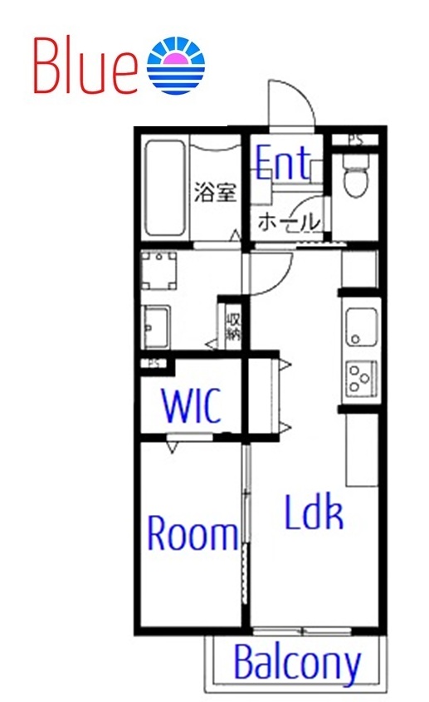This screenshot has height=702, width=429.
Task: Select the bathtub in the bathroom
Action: pos(165,189)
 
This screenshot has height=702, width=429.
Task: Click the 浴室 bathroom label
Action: pos(215,193)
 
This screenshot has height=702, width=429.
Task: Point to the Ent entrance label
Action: pos(283,162)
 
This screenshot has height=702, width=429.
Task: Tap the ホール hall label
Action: pos(287,222)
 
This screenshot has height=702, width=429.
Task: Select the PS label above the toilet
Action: pos(355,140)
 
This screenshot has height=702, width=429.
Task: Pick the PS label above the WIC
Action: pos(154,363)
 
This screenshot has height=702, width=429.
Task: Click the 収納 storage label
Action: pos(233,326)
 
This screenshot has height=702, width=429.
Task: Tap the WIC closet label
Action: pos(192,407)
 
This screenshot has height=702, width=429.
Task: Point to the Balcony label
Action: pos(297,663)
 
